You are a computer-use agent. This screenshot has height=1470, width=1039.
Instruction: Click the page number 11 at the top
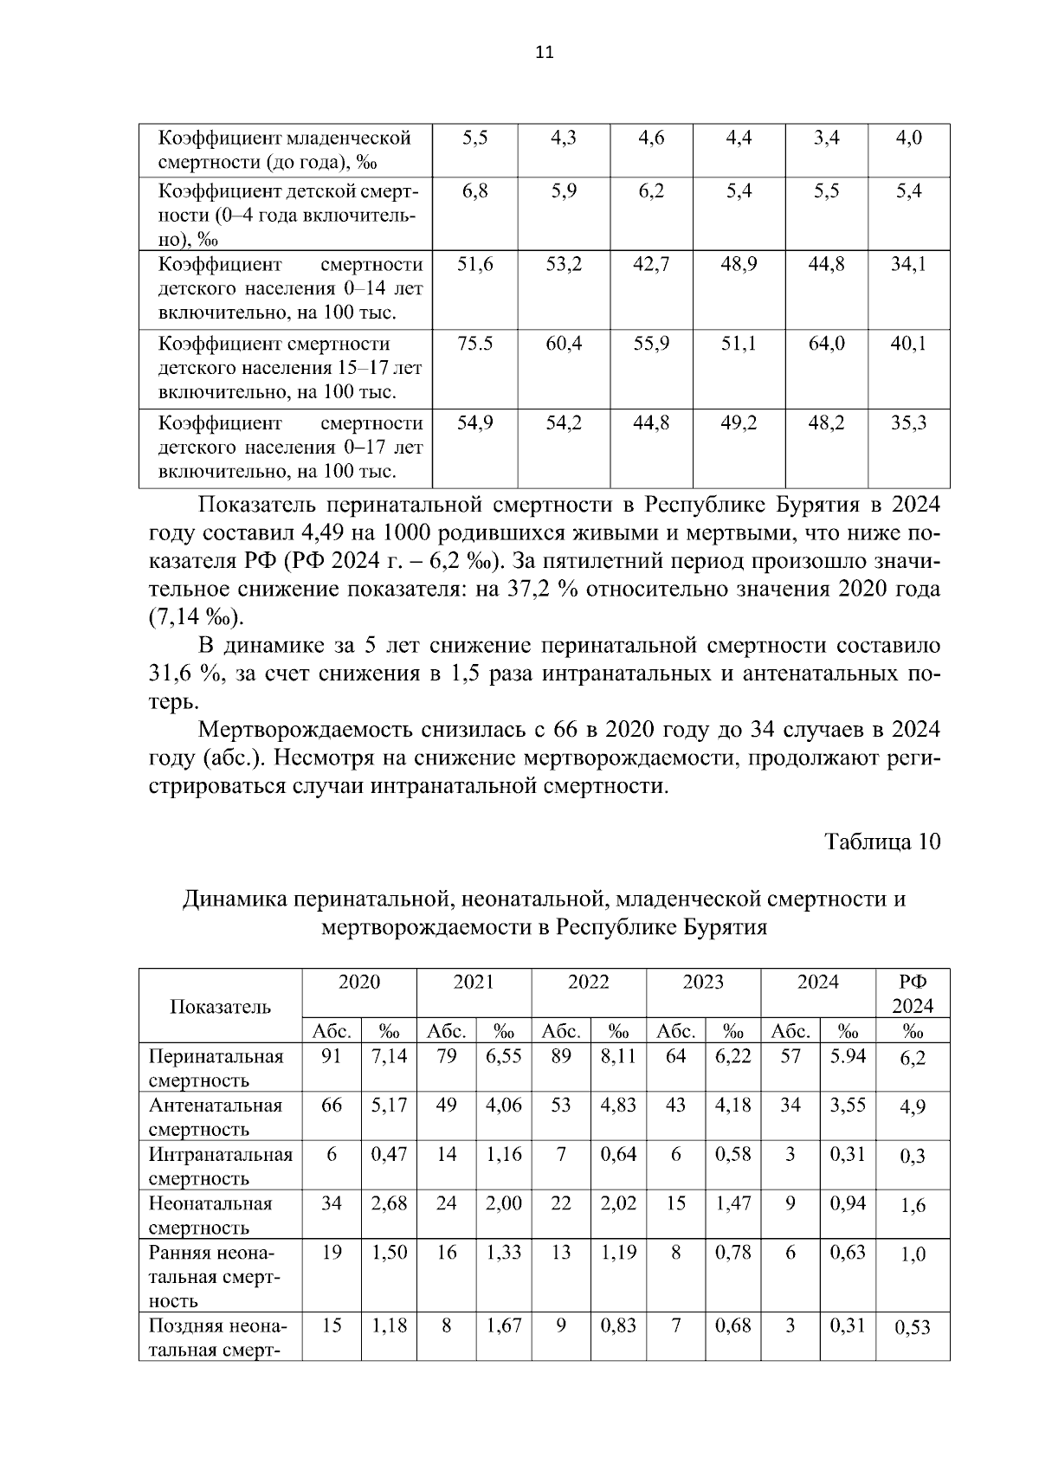point(544,52)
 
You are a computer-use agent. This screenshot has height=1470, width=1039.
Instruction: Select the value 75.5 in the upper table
point(475,344)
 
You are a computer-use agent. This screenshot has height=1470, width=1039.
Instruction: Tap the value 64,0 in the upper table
point(826,344)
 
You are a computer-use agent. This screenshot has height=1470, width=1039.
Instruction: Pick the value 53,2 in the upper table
point(564,264)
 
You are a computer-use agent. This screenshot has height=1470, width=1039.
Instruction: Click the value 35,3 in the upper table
point(909,423)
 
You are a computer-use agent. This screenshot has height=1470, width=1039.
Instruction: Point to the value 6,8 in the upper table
point(475,191)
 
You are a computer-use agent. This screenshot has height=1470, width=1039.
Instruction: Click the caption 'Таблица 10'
point(881,841)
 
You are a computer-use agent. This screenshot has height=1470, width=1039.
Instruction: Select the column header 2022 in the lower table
point(589,982)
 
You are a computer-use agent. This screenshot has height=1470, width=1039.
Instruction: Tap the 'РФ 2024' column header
point(913,994)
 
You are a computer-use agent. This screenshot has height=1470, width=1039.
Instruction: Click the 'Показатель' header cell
point(220,1006)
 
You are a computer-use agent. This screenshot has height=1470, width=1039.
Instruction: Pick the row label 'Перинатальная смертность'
point(216,1068)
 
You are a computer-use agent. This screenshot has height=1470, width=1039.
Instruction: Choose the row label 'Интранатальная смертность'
point(221,1166)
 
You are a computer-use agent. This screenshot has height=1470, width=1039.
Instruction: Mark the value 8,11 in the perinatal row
point(618,1056)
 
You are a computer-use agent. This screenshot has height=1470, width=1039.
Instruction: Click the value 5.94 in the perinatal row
point(848,1056)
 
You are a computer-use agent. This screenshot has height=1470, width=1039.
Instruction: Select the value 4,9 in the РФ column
point(913,1108)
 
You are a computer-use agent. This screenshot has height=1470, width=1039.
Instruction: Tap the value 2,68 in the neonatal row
point(389,1203)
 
